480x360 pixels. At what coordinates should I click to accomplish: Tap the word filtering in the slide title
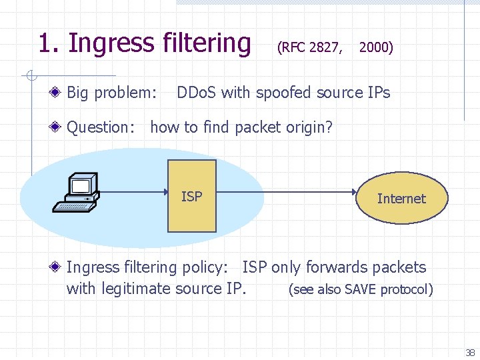pyautogui.click(x=206, y=43)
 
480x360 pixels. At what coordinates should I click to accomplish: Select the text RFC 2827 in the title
pyautogui.click(x=310, y=47)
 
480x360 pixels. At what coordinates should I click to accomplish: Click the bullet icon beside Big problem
pyautogui.click(x=59, y=93)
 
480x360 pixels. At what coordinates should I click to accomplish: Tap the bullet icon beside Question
pyautogui.click(x=59, y=127)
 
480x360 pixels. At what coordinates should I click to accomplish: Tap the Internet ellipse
pyautogui.click(x=401, y=198)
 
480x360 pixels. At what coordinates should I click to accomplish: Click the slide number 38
pyautogui.click(x=470, y=353)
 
